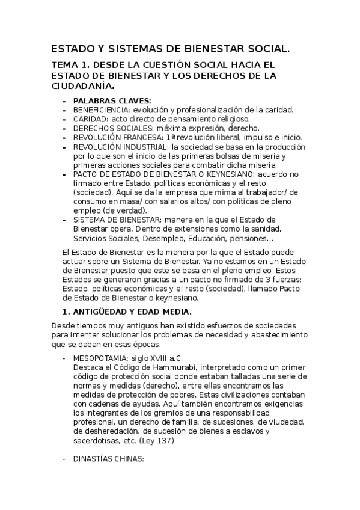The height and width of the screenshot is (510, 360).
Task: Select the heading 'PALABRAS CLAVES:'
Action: pyautogui.click(x=112, y=101)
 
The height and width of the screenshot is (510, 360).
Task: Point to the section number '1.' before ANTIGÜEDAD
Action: pyautogui.click(x=67, y=312)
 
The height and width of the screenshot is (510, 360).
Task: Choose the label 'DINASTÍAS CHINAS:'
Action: pyautogui.click(x=108, y=459)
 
